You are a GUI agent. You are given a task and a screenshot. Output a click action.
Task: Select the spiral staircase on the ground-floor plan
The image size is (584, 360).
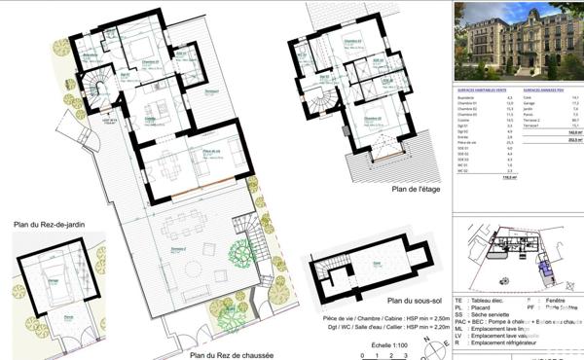97,91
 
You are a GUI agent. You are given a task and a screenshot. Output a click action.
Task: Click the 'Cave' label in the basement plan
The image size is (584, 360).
375,262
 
